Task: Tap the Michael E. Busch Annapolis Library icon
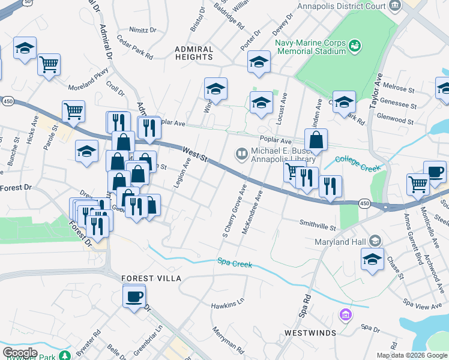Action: click(x=242, y=155)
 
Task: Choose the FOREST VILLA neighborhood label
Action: click(x=151, y=279)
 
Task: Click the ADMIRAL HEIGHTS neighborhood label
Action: click(x=194, y=53)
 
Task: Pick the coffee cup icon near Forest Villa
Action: click(x=134, y=296)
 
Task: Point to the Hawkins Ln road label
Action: click(x=228, y=305)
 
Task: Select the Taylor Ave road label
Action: click(x=377, y=89)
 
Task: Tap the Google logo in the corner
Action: click(x=20, y=353)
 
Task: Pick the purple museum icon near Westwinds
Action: click(x=345, y=314)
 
